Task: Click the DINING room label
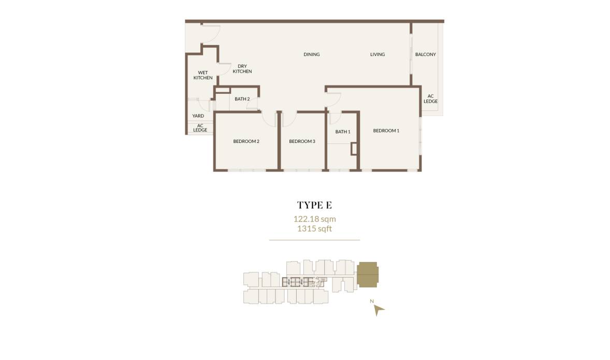[311, 54]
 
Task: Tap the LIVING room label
[377, 54]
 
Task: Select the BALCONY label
[425, 54]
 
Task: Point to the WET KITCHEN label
[203, 75]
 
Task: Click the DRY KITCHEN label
[242, 69]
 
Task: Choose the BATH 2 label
[242, 99]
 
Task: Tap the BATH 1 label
[343, 132]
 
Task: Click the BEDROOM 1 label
[386, 131]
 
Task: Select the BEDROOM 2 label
[246, 141]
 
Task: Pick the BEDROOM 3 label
[302, 141]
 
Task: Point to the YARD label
[198, 116]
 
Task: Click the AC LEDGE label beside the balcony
[430, 98]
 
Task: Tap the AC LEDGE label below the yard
[200, 127]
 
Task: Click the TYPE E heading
[314, 205]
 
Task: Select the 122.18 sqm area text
[314, 219]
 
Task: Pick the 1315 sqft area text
[314, 228]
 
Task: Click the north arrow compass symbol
[379, 310]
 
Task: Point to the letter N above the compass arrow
[371, 300]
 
